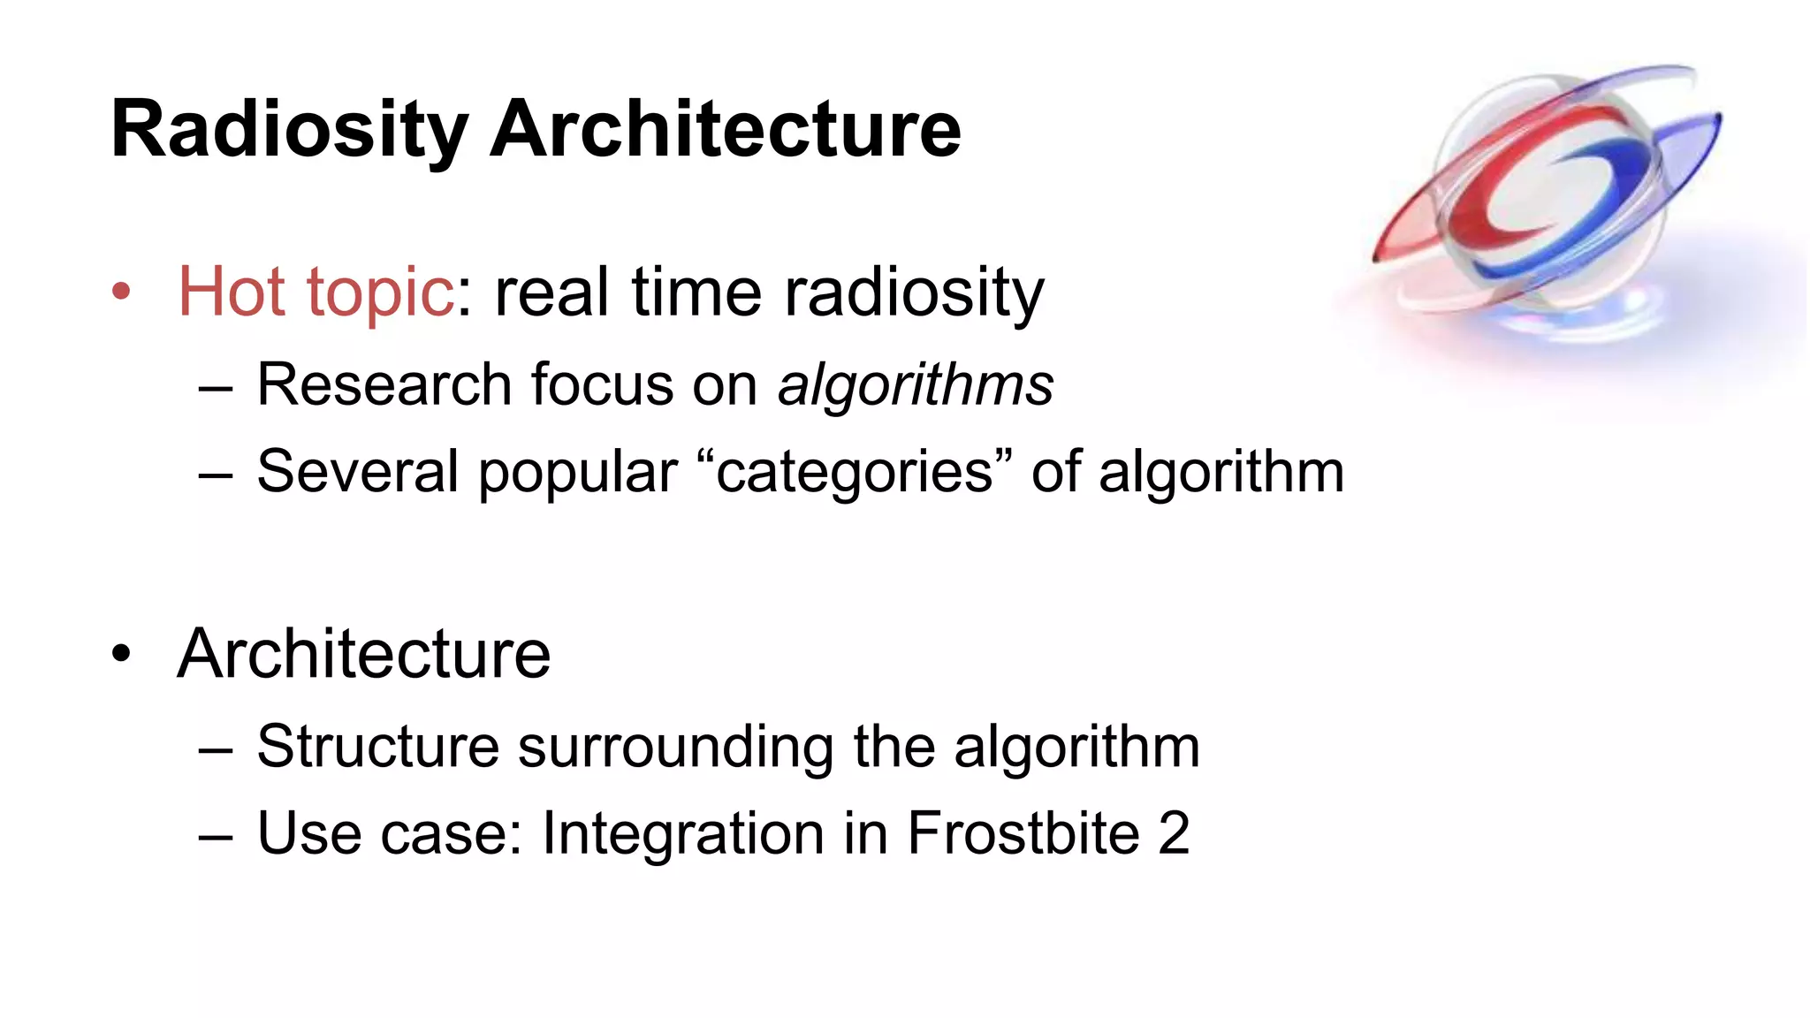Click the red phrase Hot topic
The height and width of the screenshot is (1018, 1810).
pos(316,292)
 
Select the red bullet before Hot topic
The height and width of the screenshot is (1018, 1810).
pos(121,292)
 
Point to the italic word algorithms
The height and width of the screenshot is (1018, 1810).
pos(915,385)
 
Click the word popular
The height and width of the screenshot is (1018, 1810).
pos(577,473)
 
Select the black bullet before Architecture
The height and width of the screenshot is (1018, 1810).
pos(121,654)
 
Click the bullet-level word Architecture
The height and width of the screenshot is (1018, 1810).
pos(364,654)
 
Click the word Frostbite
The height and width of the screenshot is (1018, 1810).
pos(1023,833)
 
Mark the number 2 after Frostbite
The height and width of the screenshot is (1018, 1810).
pos(1174,833)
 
